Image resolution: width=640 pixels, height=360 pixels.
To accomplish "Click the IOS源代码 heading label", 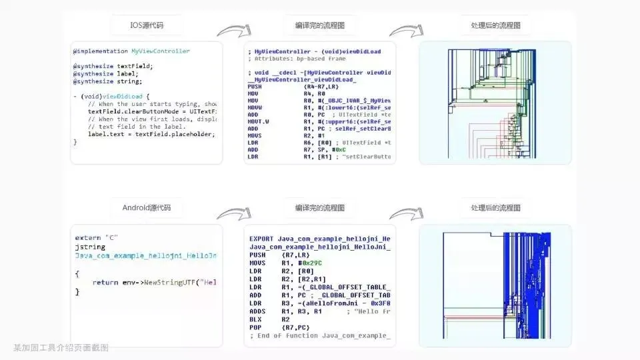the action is coord(146,26).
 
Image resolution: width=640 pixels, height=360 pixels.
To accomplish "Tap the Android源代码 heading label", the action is coord(147,208).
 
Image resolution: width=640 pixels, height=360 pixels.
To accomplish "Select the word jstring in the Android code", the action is coord(86,247).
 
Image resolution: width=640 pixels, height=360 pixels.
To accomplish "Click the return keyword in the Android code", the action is coord(106,283).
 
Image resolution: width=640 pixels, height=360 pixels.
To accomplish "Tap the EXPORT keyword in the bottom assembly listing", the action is coord(261,239).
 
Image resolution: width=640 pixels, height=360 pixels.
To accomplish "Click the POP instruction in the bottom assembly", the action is coord(256,327).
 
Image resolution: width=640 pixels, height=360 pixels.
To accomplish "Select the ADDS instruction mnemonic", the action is coord(257,311).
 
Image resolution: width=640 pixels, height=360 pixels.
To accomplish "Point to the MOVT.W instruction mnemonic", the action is coord(259,121).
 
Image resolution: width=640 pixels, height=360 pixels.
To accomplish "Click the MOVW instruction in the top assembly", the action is coord(255,107).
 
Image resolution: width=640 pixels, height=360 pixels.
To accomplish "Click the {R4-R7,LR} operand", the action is coord(322,86).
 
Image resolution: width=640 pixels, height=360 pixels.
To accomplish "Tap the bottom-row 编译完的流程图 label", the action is coord(319,208).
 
